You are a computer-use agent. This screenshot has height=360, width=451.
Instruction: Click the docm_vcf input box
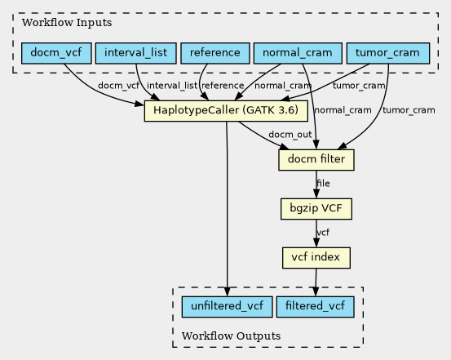pyautogui.click(x=56, y=53)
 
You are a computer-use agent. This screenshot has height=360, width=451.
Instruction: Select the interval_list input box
pyautogui.click(x=135, y=53)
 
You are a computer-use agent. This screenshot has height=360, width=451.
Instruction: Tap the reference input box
pyautogui.click(x=215, y=53)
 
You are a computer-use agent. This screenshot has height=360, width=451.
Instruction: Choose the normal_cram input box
pyautogui.click(x=298, y=53)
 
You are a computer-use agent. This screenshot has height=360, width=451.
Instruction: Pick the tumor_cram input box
pyautogui.click(x=388, y=53)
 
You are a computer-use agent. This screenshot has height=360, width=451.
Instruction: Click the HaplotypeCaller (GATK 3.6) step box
pyautogui.click(x=226, y=111)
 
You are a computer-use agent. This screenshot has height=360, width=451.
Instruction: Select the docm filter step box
pyautogui.click(x=316, y=160)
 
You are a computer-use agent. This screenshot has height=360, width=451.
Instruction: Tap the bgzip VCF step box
pyautogui.click(x=316, y=209)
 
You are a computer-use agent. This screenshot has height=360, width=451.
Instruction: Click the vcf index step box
pyautogui.click(x=316, y=258)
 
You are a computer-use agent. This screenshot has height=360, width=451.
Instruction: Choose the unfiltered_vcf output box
pyautogui.click(x=228, y=307)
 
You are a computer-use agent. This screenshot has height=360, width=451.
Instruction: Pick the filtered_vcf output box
pyautogui.click(x=316, y=307)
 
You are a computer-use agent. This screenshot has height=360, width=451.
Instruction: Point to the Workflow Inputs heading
pyautogui.click(x=67, y=23)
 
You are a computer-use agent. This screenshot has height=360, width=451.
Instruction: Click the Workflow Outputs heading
pyautogui.click(x=232, y=336)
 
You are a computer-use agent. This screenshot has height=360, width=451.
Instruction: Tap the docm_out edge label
pyautogui.click(x=290, y=135)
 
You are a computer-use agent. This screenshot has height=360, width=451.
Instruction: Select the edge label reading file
pyautogui.click(x=323, y=183)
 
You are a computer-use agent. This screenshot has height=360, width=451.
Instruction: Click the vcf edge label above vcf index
pyautogui.click(x=323, y=232)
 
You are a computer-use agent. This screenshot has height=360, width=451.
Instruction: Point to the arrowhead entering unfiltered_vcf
pyautogui.click(x=228, y=291)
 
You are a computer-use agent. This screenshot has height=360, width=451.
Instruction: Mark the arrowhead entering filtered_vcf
pyautogui.click(x=316, y=291)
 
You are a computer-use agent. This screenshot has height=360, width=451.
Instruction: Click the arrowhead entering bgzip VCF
pyautogui.click(x=316, y=193)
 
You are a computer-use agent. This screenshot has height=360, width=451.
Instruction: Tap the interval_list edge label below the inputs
pyautogui.click(x=172, y=86)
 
